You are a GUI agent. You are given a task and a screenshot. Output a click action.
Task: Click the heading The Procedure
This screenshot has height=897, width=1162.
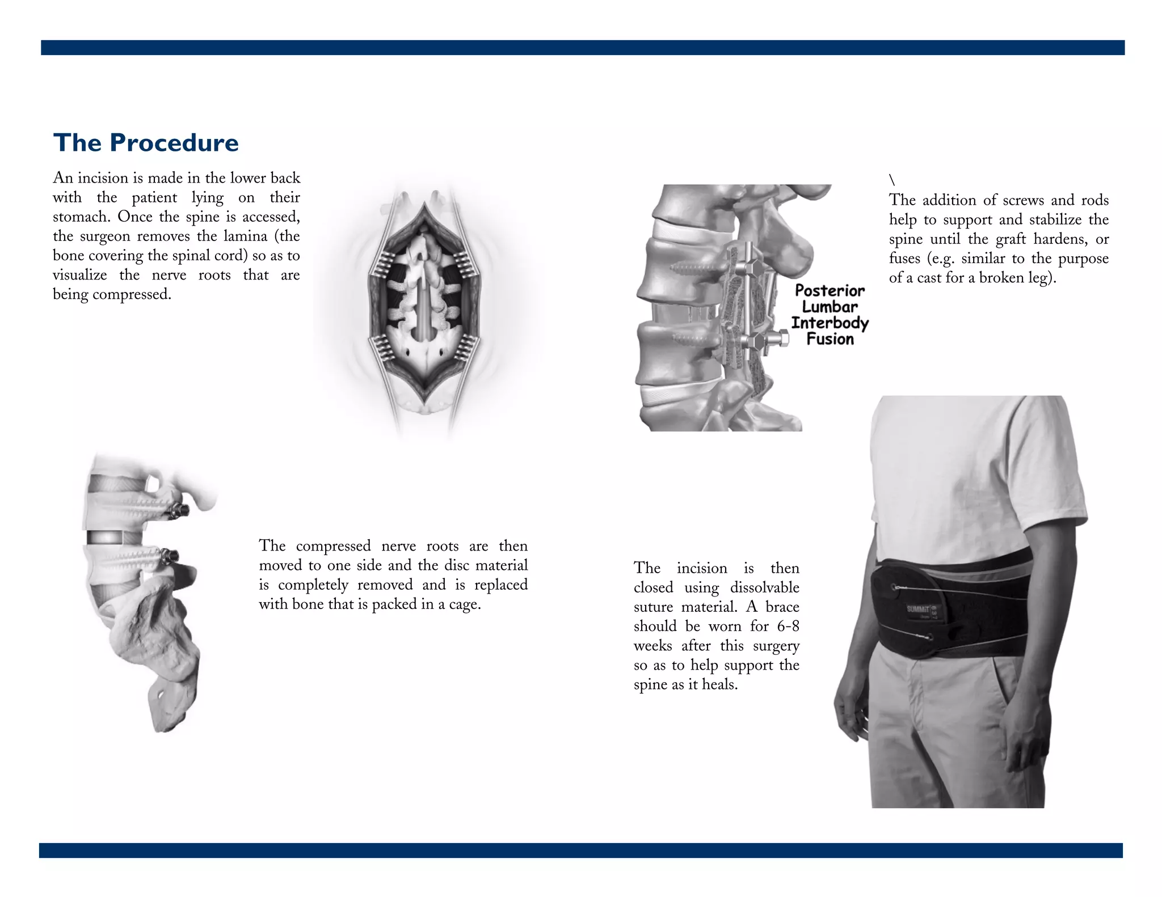[x=146, y=142]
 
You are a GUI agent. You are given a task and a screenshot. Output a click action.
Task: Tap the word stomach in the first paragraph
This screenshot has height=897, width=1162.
[x=80, y=217]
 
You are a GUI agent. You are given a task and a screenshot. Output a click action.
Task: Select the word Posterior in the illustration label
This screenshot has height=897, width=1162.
[x=830, y=291]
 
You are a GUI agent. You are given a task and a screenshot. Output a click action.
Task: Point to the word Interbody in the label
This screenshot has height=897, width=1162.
[x=830, y=323]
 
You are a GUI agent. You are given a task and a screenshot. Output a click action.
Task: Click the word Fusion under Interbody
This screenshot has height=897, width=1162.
[x=830, y=339]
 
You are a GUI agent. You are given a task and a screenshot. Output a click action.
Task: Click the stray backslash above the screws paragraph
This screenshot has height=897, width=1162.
[x=892, y=180]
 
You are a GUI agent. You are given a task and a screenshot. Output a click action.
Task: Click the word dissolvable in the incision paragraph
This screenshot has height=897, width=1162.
[x=765, y=587]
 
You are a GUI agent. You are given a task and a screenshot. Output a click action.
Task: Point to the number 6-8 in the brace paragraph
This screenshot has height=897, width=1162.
[x=788, y=626]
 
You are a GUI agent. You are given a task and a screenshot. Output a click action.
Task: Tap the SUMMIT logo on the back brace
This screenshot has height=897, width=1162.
[x=917, y=610]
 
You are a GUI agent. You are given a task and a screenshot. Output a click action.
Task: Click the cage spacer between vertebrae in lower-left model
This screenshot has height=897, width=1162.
[x=104, y=537]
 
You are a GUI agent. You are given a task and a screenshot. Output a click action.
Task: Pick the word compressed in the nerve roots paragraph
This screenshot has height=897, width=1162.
[x=333, y=546]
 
